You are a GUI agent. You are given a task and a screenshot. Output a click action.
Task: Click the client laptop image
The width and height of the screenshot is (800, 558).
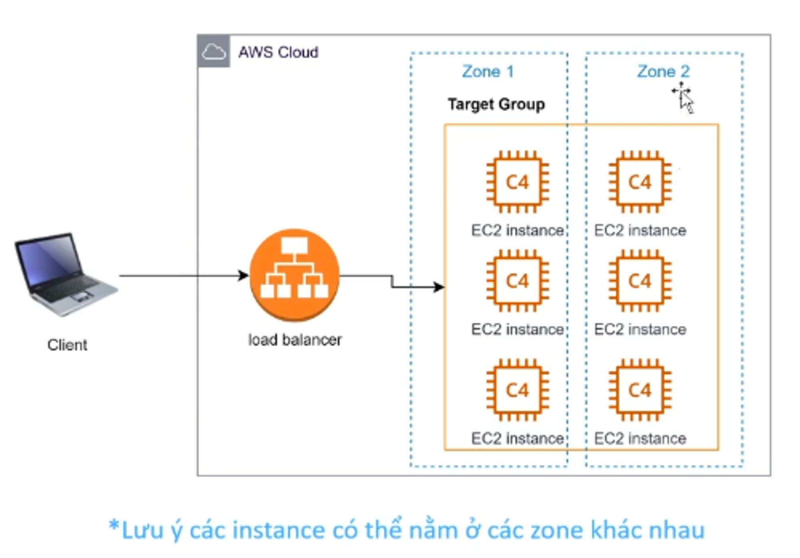tap(66, 274)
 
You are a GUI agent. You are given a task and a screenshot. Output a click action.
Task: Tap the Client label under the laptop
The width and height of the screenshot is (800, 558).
tap(67, 345)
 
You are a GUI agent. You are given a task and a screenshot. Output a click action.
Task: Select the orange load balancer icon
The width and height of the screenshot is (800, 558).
tap(294, 275)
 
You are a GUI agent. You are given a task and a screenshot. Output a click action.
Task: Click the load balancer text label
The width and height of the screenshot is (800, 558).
tap(295, 340)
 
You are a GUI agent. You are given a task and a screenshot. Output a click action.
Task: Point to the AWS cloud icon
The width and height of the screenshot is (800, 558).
tap(214, 52)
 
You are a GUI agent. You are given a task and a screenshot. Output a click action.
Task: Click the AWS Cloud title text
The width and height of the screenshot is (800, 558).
tap(278, 52)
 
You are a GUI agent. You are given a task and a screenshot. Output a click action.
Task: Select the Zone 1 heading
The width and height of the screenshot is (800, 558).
tap(488, 72)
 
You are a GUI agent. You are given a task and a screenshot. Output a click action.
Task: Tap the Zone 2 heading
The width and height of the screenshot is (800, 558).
tap(663, 72)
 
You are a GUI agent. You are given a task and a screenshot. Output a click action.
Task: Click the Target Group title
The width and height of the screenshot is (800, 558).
tap(496, 104)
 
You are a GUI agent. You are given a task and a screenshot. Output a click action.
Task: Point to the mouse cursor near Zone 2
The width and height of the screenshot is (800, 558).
tap(685, 98)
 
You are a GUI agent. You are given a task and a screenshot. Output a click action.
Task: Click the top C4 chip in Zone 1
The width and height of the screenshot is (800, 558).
tap(518, 182)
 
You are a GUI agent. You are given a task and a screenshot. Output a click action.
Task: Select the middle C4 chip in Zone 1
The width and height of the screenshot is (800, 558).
tap(518, 281)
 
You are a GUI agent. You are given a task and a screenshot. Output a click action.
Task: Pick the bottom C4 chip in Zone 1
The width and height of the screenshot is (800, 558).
tap(518, 390)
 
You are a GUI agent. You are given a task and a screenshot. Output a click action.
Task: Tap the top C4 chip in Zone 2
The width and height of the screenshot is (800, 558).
tap(640, 182)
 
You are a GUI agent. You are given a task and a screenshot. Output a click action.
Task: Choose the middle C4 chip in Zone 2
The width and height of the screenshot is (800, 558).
tap(640, 281)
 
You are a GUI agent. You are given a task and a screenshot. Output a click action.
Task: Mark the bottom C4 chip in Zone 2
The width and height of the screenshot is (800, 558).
tap(640, 390)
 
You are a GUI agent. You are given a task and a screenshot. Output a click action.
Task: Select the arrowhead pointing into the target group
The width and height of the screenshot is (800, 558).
tap(439, 287)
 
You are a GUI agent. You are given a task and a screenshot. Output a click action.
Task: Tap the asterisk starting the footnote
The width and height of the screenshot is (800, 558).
tap(114, 525)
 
